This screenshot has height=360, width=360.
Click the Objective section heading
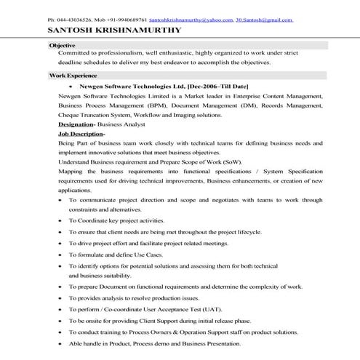61,45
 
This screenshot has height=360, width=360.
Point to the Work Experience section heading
73,75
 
